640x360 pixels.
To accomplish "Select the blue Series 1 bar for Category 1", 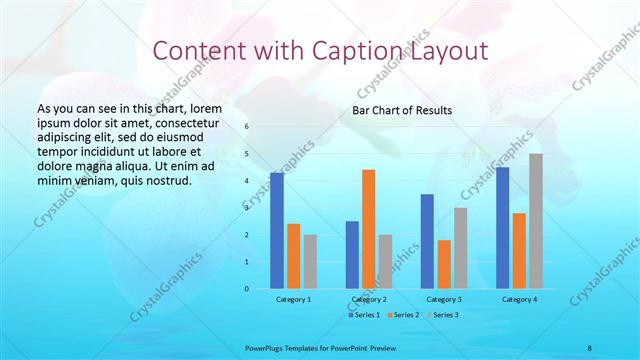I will coord(277,231).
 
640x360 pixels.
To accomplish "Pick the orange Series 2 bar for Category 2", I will coord(368,229).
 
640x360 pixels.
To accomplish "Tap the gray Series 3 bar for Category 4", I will coord(536,221).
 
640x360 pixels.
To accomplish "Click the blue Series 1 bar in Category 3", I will coord(427,241).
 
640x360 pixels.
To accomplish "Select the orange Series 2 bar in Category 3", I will coord(444,264).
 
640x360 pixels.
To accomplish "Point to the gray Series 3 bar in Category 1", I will coord(310,261).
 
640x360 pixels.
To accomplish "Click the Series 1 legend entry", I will coord(364,315).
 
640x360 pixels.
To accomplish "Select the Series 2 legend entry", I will coord(402,315).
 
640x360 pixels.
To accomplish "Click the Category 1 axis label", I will coord(293,299).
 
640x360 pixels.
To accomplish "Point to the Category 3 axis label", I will coord(444,299).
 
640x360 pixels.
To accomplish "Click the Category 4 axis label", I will coord(519,299).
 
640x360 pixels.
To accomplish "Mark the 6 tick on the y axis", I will coord(247,127).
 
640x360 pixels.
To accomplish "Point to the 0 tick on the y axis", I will coord(247,289).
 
